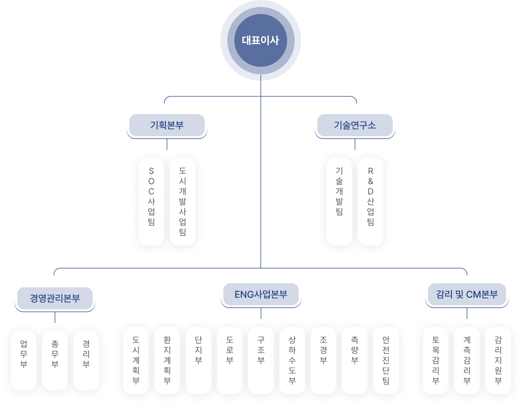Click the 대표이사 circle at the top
[x=261, y=40]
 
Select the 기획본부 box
[x=167, y=125]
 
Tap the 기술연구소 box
[x=355, y=125]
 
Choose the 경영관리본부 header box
[x=55, y=298]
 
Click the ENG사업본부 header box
[x=261, y=295]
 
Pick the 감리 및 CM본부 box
[x=467, y=295]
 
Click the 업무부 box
[x=24, y=356]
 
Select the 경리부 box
[x=86, y=356]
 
